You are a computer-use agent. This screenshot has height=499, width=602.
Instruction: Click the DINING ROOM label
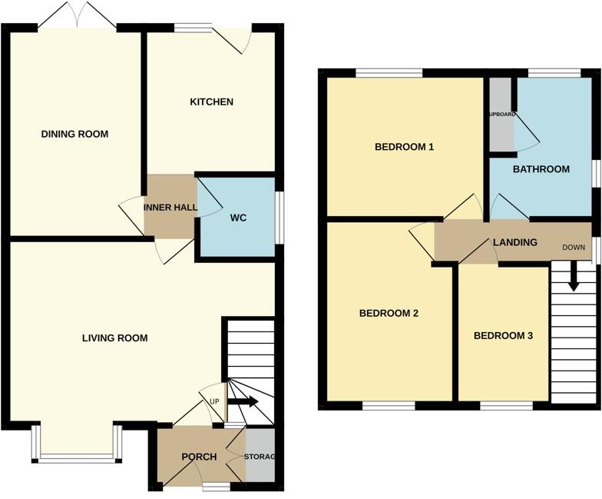click(74, 134)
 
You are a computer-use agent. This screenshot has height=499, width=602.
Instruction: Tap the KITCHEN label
click(211, 102)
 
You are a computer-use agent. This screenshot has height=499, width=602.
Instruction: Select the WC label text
click(238, 218)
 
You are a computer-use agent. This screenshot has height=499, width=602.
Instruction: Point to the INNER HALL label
click(170, 208)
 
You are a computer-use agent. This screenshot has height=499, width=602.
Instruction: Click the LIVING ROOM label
click(115, 338)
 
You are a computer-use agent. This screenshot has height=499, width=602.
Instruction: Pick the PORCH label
click(199, 457)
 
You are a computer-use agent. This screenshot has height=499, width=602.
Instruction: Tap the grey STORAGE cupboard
click(260, 457)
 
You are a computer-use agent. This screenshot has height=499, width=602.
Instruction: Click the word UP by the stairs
click(214, 402)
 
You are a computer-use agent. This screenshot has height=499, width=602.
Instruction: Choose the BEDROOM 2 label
click(389, 313)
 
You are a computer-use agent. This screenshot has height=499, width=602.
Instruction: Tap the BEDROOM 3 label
click(503, 336)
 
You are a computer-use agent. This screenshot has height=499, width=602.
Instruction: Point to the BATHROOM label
click(541, 169)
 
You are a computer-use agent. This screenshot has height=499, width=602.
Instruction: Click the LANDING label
click(514, 243)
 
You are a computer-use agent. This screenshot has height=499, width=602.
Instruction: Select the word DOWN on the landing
click(574, 248)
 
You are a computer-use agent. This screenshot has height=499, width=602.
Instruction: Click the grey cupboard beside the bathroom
click(501, 115)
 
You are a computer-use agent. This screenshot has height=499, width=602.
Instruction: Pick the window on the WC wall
click(279, 218)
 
